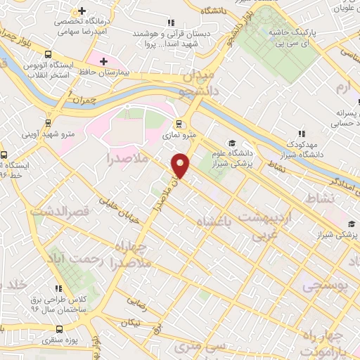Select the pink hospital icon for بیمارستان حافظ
(x=104, y=62)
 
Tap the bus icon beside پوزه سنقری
(x=60, y=328)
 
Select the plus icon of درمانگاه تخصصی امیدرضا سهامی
(x=82, y=12)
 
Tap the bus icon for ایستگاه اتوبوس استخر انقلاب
(x=47, y=54)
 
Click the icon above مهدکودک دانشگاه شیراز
(x=301, y=134)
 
